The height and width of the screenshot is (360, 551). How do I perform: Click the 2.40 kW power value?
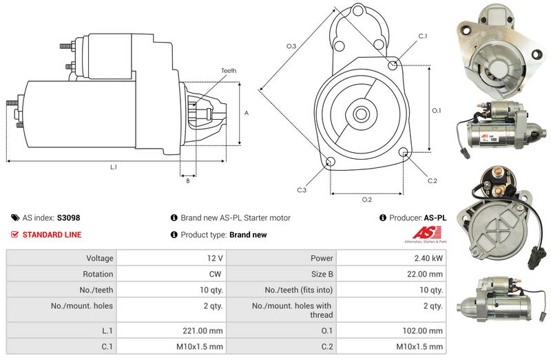coord(428,258)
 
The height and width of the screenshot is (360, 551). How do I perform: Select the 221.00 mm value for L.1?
coord(202,330)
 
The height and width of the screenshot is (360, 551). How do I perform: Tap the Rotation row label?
coord(98,274)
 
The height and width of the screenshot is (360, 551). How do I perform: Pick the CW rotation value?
coord(215,274)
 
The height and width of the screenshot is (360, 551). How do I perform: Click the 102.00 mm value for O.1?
coord(423,330)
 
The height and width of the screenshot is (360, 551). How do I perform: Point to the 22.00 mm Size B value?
coord(425,274)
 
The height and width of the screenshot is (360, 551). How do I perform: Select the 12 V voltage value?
coord(215,258)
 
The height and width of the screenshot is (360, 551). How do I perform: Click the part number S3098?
coord(68,218)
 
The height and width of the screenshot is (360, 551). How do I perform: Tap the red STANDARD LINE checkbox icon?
coord(14,234)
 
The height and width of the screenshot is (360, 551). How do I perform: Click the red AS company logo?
coord(426,233)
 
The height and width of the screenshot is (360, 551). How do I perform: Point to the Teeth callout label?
coord(229,71)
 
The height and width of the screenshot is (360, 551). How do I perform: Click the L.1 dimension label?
coord(114,167)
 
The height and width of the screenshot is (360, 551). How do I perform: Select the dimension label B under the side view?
coord(188,181)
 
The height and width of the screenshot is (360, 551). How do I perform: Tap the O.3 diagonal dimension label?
coord(291,46)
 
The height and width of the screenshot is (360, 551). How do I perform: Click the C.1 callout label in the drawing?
coord(423,36)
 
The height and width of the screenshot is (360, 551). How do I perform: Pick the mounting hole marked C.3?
coord(331,162)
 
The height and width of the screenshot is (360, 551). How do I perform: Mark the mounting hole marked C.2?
coord(404,152)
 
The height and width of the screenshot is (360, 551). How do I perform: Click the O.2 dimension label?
coord(367,200)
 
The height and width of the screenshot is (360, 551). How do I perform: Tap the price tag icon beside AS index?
coord(15,218)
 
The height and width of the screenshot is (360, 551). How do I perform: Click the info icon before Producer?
coord(383,218)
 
